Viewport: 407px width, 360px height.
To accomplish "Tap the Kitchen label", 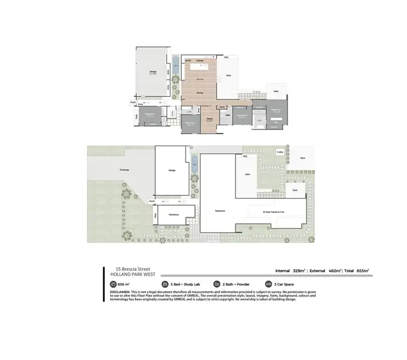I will (199, 60).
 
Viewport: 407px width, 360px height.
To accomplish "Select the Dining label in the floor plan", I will (200, 93).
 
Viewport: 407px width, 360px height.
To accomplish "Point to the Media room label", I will (209, 118).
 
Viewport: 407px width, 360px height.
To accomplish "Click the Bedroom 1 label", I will (276, 110).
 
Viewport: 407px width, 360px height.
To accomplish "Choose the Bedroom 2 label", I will (243, 116).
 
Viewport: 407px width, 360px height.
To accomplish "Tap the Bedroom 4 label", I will (150, 115).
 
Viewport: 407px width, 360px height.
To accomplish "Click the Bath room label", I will (228, 115).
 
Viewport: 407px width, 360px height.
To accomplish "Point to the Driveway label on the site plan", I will (124, 170).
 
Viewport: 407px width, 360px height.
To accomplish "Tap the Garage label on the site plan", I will (171, 170).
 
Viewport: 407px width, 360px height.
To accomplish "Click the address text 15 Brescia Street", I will (129, 268).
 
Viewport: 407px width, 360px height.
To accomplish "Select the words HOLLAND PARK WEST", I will (129, 274).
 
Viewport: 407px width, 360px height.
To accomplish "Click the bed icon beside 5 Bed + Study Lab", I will (165, 284).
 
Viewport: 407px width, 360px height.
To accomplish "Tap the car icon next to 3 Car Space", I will (268, 284).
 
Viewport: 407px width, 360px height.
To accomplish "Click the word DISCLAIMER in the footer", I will (119, 291).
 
